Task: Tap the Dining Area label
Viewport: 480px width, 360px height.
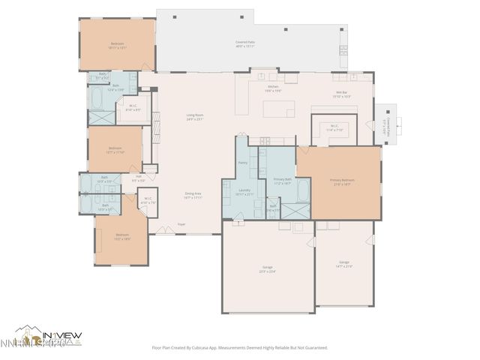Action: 194,195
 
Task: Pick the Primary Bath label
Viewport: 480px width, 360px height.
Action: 282,181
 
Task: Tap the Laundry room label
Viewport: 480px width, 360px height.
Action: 244,191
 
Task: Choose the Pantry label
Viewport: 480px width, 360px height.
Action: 243,162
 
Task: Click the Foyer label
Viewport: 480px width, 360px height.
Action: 181,224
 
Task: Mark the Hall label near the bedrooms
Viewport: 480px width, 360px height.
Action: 139,178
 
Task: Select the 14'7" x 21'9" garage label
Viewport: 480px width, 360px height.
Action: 344,263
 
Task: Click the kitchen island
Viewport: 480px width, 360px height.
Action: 279,109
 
